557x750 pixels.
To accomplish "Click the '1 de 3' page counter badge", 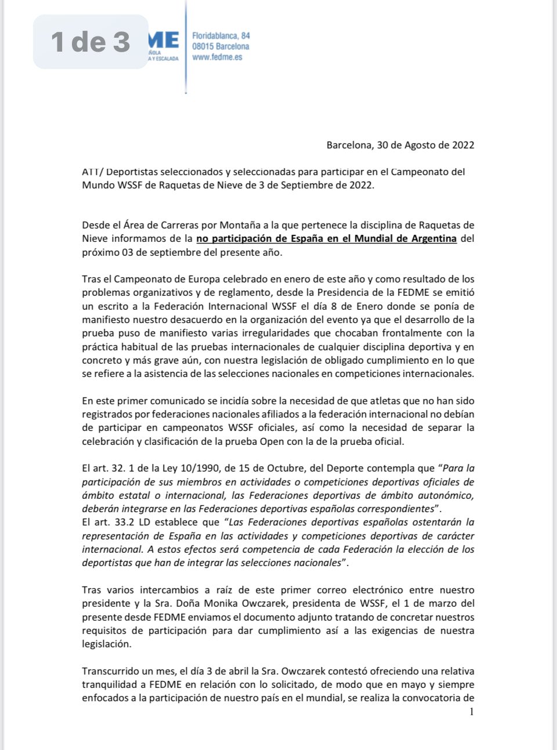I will pos(91,42).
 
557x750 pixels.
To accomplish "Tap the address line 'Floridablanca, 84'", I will pos(221,35).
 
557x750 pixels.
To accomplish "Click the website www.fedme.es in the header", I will pos(217,57).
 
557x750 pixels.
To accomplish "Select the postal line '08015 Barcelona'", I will pos(220,46).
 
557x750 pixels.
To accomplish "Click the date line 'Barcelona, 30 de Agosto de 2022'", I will pos(400,145).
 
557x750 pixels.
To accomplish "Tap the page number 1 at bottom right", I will pos(471,712).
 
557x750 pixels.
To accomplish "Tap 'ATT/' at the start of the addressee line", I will pos(92,172).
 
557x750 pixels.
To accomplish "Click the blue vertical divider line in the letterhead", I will pos(186,46).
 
